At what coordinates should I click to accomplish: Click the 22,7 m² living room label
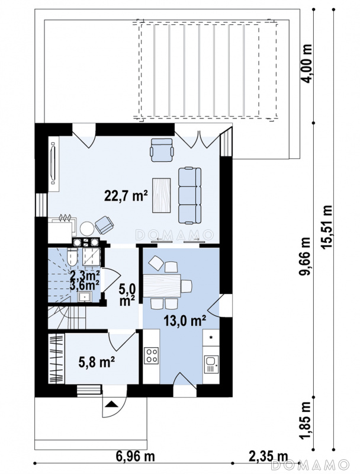[126, 196]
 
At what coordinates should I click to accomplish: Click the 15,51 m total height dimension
[327, 227]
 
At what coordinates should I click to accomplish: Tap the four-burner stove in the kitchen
[152, 355]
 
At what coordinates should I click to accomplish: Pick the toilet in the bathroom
[73, 257]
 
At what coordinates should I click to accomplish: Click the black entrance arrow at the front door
[111, 404]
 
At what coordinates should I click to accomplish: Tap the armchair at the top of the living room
[162, 150]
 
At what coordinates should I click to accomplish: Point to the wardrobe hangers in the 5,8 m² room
[56, 359]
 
